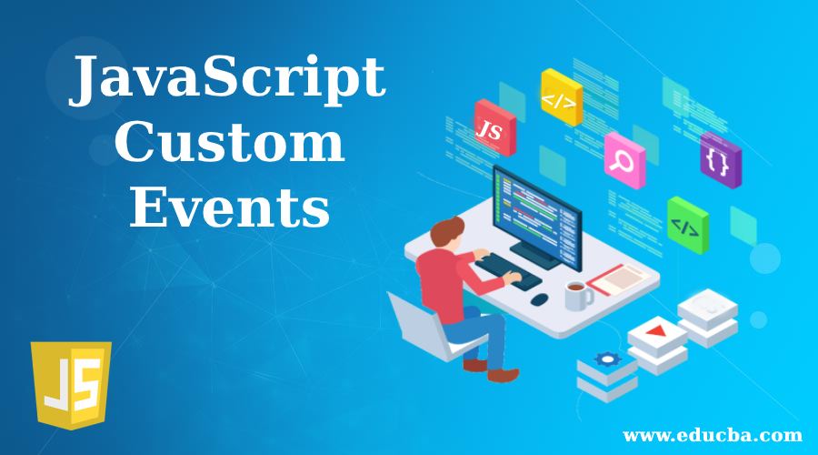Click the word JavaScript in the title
227,80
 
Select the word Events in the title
230,206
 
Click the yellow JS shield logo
71,385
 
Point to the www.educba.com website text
712,435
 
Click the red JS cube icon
494,127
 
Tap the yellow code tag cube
562,97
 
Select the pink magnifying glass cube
624,160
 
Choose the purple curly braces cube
721,160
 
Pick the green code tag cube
688,225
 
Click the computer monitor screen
537,217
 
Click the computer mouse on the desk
539,299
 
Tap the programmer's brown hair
447,230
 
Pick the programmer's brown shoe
503,375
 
